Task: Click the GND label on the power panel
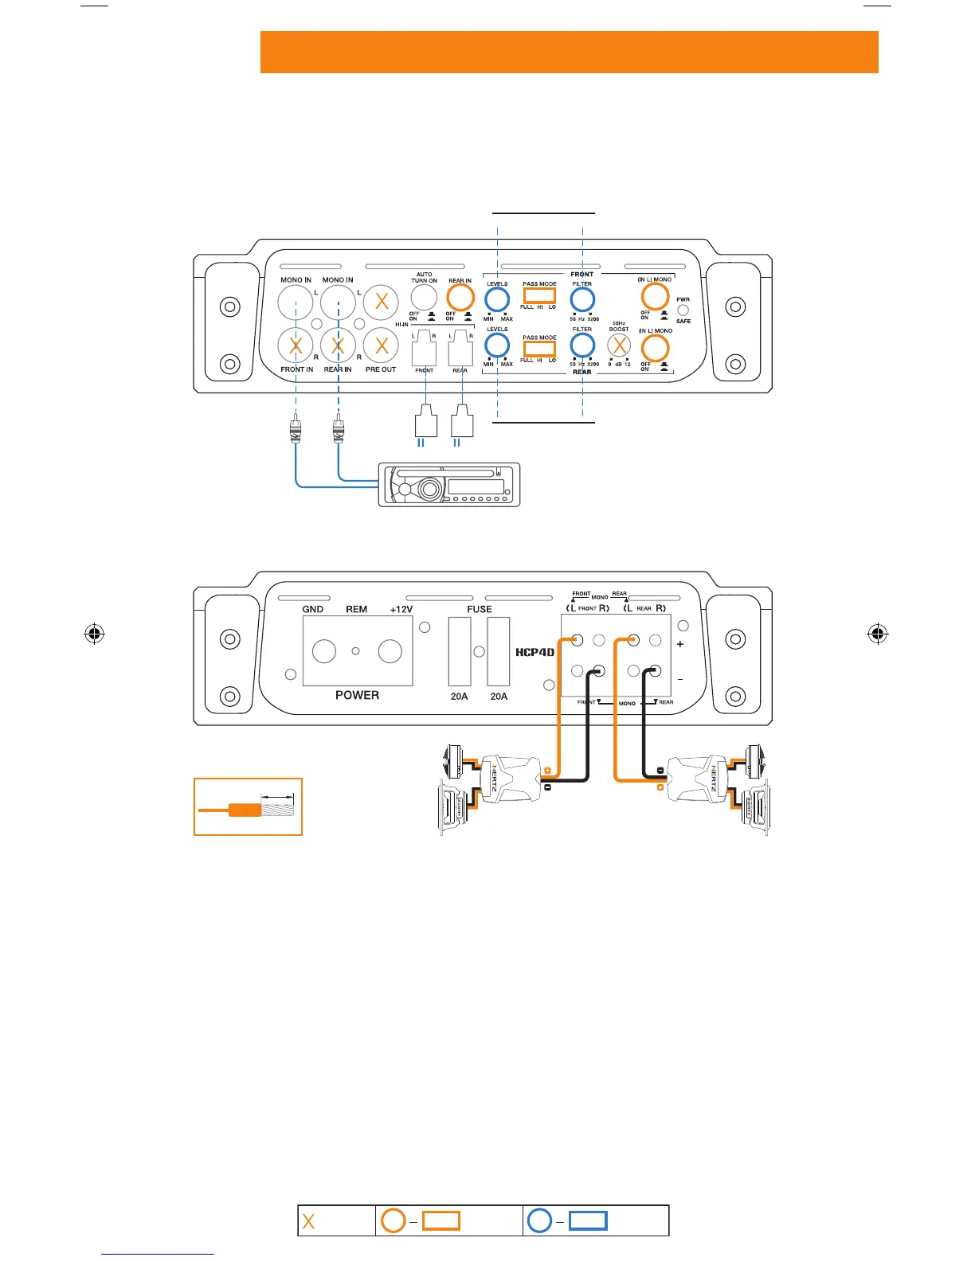[312, 609]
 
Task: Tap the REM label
[356, 609]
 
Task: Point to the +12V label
[401, 609]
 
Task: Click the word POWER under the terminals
[357, 695]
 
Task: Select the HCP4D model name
[534, 652]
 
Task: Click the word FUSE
[480, 609]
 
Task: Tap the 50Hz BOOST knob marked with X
[619, 346]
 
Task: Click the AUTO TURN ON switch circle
[424, 298]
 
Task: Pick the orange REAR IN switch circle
[460, 298]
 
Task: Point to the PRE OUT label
[381, 369]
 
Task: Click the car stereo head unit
[451, 484]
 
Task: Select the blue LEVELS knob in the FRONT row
[497, 299]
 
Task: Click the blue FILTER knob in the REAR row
[582, 346]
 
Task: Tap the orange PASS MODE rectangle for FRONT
[539, 295]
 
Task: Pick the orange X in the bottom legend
[309, 1221]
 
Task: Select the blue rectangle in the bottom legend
[588, 1220]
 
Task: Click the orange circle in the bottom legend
[394, 1220]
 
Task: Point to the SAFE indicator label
[683, 321]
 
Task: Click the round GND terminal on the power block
[324, 651]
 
